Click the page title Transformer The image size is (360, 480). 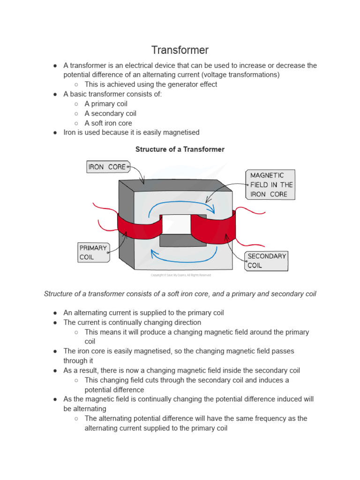click(180, 50)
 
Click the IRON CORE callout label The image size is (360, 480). click(107, 167)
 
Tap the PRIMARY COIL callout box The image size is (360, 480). click(93, 252)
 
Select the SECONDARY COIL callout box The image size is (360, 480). click(266, 261)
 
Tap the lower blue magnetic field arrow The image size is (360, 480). click(183, 256)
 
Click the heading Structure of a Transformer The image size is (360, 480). click(180, 150)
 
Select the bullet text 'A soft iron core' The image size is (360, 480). click(112, 123)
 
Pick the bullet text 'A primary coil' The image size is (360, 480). click(106, 104)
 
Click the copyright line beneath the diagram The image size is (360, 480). click(180, 275)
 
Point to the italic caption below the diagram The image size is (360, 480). click(180, 294)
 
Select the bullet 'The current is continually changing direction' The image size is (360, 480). click(132, 322)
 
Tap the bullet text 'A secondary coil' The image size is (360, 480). click(111, 113)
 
